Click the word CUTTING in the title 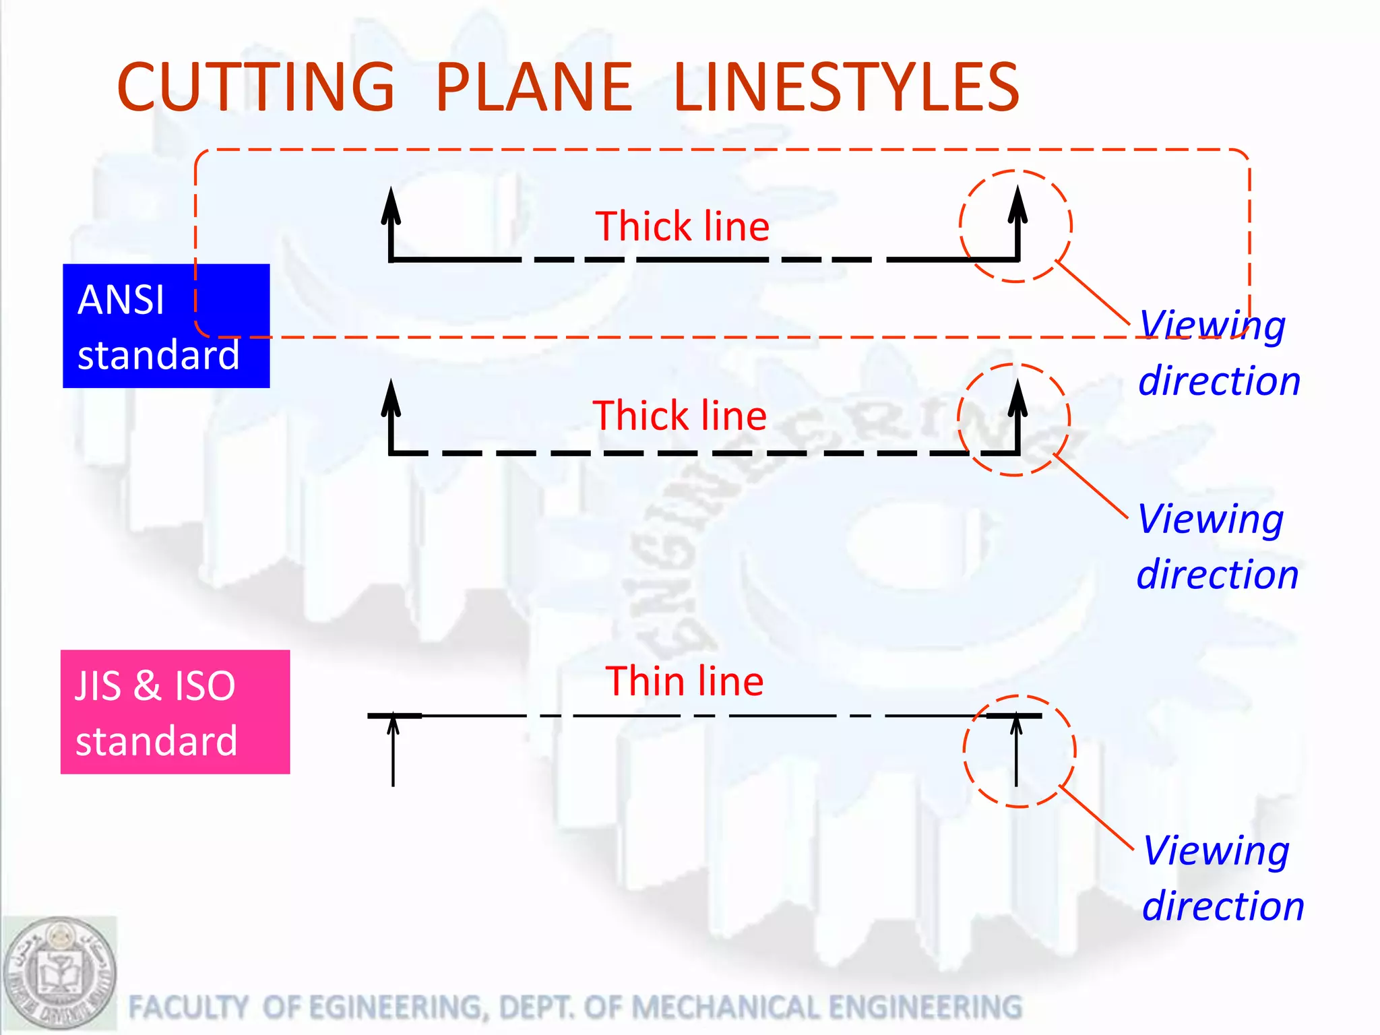click(255, 87)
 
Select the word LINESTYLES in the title click(846, 87)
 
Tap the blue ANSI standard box click(166, 326)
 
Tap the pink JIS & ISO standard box click(175, 712)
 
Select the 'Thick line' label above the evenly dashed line click(679, 415)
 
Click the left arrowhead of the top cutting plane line click(391, 206)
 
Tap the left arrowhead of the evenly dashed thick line click(391, 398)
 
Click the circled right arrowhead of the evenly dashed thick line click(1017, 398)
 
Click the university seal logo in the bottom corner click(59, 972)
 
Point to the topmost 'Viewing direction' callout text click(1218, 352)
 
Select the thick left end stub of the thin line click(394, 716)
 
